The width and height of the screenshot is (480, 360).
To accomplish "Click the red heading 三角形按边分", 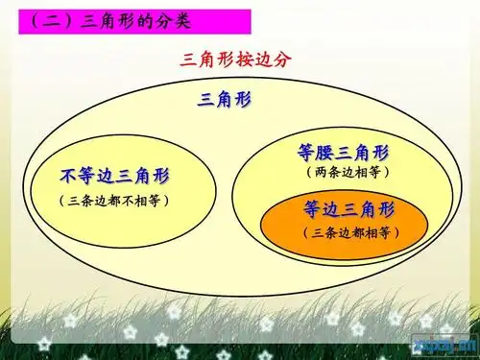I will click(x=235, y=60).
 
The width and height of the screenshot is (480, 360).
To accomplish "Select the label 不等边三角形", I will click(x=120, y=176).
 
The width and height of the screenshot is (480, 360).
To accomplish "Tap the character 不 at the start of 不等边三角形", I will click(x=69, y=176).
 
